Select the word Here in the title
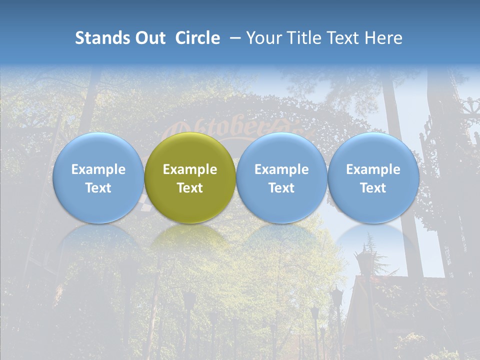(383, 38)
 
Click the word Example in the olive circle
(190, 169)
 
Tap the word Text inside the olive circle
(190, 188)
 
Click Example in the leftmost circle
(98, 169)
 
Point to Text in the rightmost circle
(373, 188)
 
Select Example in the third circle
(281, 169)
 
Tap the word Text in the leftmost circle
(98, 188)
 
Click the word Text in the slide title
(345, 38)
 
